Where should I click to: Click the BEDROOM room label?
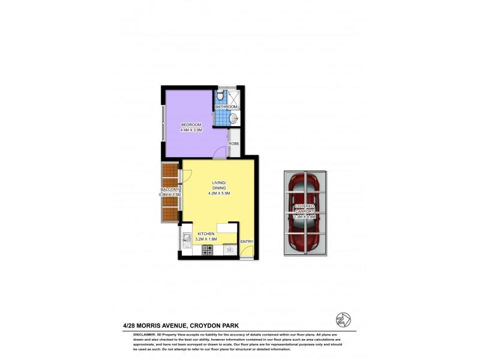pyautogui.click(x=191, y=125)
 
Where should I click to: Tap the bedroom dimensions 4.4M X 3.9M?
pyautogui.click(x=191, y=130)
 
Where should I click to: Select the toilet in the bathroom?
pyautogui.click(x=220, y=96)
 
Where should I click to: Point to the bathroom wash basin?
pyautogui.click(x=235, y=119)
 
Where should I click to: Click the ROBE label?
pyautogui.click(x=233, y=144)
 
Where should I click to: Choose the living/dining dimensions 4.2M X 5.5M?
pyautogui.click(x=218, y=193)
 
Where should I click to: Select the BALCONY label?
pyautogui.click(x=170, y=190)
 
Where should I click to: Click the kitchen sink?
pyautogui.click(x=187, y=240)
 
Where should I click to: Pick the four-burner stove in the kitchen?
pyautogui.click(x=207, y=248)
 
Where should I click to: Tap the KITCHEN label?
pyautogui.click(x=207, y=234)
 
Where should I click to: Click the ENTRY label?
pyautogui.click(x=247, y=242)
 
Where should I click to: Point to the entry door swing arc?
pyautogui.click(x=244, y=251)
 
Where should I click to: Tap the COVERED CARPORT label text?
pyautogui.click(x=304, y=208)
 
